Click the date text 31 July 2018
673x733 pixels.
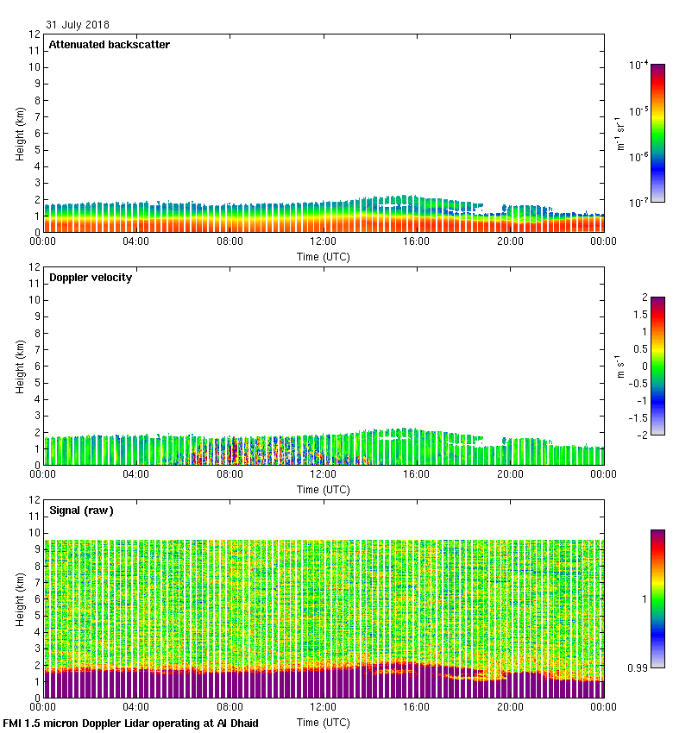point(78,25)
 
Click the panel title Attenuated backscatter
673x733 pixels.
point(109,44)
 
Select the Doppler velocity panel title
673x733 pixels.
point(91,278)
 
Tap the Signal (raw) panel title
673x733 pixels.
point(81,511)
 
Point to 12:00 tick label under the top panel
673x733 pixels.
point(324,242)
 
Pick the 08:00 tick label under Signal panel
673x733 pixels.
point(230,708)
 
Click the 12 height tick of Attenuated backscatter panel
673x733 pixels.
point(35,35)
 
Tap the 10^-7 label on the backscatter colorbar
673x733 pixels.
point(639,202)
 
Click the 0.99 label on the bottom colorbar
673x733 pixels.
point(638,667)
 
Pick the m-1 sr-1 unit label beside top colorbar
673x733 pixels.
point(619,134)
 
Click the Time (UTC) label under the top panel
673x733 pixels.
point(324,256)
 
